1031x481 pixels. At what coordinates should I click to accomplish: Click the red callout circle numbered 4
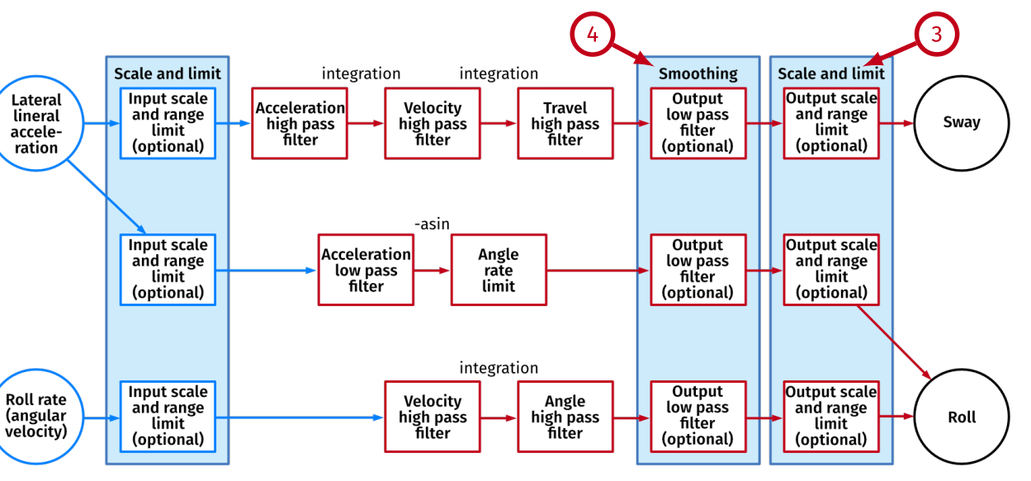592,35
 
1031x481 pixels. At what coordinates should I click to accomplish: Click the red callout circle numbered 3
935,35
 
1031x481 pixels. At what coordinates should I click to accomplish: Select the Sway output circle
961,123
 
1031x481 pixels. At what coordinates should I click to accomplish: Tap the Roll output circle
961,417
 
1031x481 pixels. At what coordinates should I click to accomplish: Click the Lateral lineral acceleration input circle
35,124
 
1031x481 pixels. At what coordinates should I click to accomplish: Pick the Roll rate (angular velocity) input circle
35,417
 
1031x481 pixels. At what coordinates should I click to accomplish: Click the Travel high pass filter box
565,124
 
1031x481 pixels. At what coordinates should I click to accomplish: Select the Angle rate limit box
498,270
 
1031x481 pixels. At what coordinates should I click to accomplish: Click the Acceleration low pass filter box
366,270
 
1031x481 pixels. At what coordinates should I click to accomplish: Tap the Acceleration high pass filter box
299,124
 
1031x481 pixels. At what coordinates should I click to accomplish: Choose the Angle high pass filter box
565,417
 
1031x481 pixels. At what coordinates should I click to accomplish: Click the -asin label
432,224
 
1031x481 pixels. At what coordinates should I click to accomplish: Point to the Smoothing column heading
698,73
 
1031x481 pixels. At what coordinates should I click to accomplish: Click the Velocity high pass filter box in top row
433,124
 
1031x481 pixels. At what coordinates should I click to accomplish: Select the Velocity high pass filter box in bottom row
433,417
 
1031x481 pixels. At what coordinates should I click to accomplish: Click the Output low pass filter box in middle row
698,270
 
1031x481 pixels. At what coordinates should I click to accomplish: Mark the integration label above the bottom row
499,368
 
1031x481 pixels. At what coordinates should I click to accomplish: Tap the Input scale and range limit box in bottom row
168,417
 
